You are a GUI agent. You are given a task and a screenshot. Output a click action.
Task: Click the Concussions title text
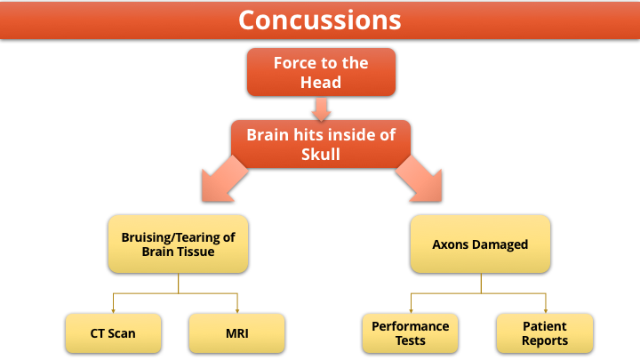tap(320, 20)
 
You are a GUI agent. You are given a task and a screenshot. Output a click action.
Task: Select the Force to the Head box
tap(321, 72)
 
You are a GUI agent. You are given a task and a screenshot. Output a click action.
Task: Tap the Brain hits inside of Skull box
tap(321, 144)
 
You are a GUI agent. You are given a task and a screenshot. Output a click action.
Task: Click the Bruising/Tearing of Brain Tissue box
tap(178, 244)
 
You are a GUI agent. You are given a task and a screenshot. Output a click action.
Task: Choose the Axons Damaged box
tap(480, 244)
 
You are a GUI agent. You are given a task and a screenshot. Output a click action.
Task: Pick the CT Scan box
tap(113, 333)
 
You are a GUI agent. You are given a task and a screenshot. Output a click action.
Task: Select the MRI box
tap(236, 333)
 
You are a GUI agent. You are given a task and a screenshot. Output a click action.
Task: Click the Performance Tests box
tap(410, 333)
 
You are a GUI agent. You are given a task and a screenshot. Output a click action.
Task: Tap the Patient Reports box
tap(545, 333)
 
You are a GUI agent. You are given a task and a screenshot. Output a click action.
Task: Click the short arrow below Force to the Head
tap(321, 109)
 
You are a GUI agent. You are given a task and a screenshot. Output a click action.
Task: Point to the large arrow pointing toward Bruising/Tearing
tap(224, 180)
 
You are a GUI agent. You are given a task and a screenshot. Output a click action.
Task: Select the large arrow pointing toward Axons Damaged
tap(420, 180)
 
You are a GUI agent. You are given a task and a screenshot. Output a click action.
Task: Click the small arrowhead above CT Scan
tap(113, 311)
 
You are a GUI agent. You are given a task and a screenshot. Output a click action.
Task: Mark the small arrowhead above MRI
tap(237, 311)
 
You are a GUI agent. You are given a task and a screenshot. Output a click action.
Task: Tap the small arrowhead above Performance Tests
tap(411, 311)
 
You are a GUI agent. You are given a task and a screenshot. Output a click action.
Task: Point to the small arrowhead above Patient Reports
tap(546, 311)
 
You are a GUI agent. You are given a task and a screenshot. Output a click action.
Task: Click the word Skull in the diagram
tap(320, 155)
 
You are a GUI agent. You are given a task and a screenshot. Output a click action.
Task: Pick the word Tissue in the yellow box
tap(195, 252)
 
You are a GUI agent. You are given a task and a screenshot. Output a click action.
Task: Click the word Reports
tap(545, 340)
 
